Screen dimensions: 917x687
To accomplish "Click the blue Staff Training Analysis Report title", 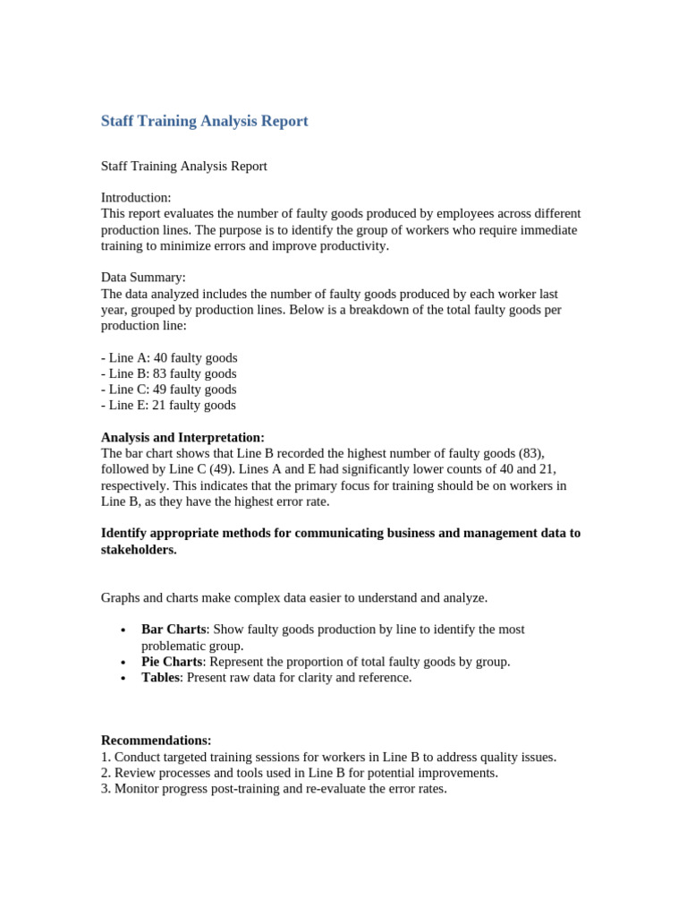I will coord(204,121).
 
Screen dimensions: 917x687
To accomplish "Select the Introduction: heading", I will coord(136,197).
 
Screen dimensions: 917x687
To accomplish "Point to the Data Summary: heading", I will coord(143,278).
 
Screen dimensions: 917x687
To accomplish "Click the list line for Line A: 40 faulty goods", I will coord(169,357).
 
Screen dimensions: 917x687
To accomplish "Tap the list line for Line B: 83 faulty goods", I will coord(169,373).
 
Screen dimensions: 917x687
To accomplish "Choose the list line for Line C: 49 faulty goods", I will coord(169,390).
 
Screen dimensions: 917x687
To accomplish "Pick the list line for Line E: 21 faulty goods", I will coord(168,405).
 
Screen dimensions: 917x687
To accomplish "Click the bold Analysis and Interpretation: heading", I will coord(182,437).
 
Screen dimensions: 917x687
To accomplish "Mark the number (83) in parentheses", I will coord(530,453).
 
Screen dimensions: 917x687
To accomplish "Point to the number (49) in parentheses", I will coord(225,469).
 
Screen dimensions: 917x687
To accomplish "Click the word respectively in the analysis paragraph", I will coord(134,485).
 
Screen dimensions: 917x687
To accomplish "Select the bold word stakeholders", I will coord(139,549).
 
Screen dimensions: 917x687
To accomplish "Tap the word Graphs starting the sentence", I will coord(121,597).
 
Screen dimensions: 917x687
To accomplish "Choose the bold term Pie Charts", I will coord(172,662).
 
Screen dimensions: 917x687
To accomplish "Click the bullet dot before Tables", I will coord(122,679).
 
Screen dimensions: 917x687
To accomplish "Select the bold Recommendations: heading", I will coord(156,741).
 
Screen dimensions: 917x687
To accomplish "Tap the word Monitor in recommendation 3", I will coord(139,789).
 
